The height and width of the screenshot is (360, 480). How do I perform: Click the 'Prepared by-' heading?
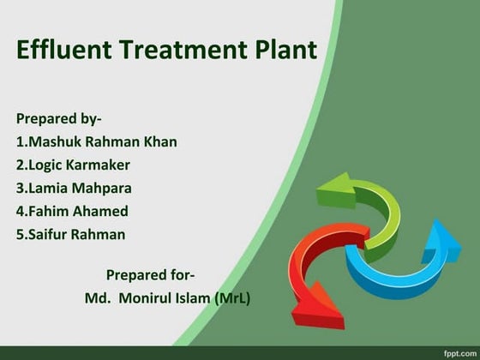point(58,118)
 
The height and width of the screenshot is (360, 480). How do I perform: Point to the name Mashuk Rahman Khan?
point(96,141)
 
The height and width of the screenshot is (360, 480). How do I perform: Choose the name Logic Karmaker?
point(73,165)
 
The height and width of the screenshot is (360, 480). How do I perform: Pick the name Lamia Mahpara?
point(74,188)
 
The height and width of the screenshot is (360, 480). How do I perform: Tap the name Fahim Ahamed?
point(72,211)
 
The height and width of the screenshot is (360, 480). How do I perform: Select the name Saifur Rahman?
point(70,234)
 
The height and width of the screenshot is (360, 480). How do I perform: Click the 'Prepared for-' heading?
point(150,275)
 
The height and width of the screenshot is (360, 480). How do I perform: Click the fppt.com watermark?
point(459,352)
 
